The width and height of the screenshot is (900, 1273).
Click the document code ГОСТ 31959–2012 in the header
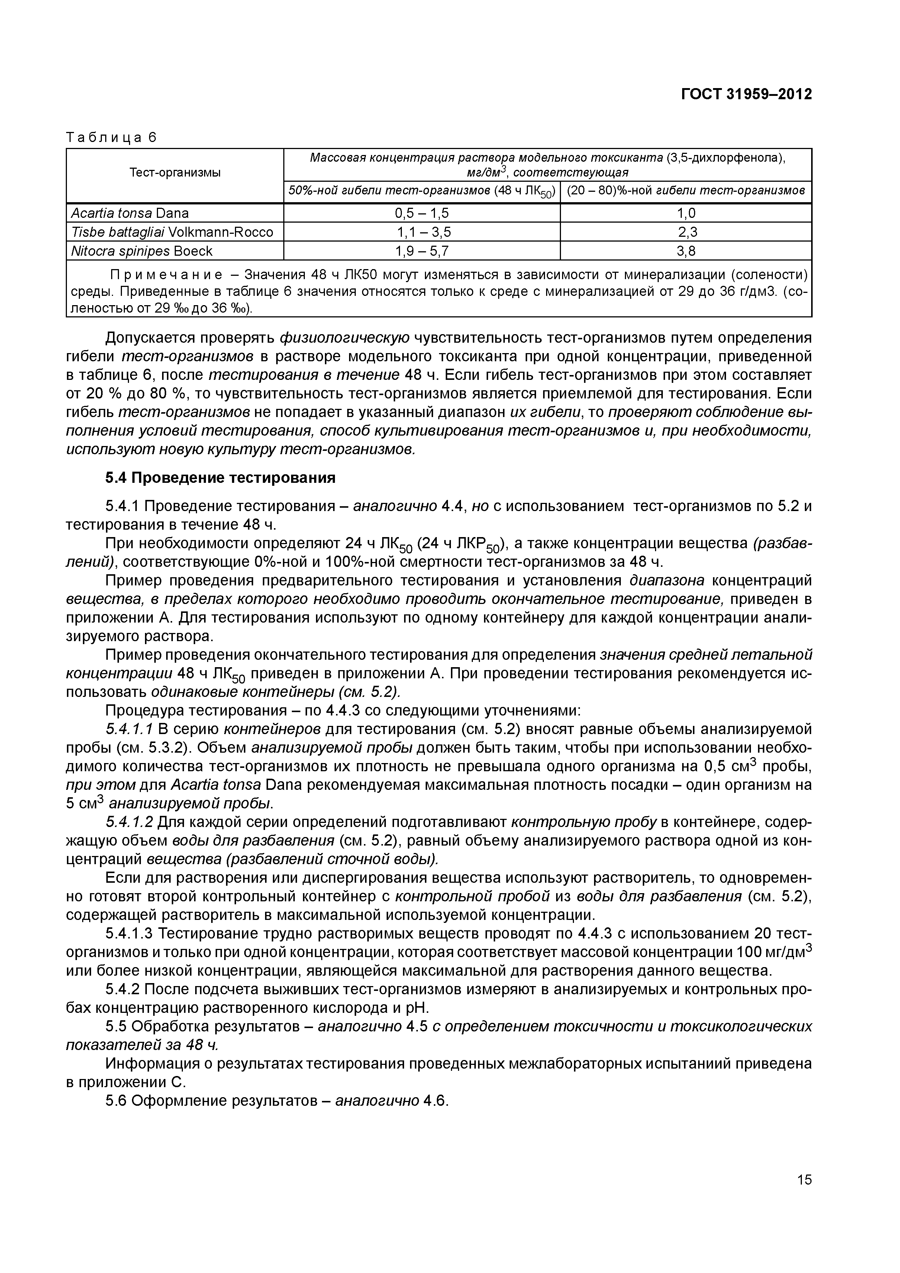point(746,94)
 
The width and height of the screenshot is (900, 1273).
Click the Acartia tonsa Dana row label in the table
point(130,213)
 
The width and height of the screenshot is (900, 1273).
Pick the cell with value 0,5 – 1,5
point(422,213)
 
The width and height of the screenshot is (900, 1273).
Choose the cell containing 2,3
point(686,232)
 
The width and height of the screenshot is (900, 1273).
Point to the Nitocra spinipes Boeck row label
point(141,251)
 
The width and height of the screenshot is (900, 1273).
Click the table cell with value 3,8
point(686,251)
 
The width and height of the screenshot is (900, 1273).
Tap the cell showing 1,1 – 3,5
point(422,232)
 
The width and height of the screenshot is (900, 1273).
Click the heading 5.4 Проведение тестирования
point(220,478)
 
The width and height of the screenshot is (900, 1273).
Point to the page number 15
point(804,1195)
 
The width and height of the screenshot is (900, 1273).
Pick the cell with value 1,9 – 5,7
point(422,251)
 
